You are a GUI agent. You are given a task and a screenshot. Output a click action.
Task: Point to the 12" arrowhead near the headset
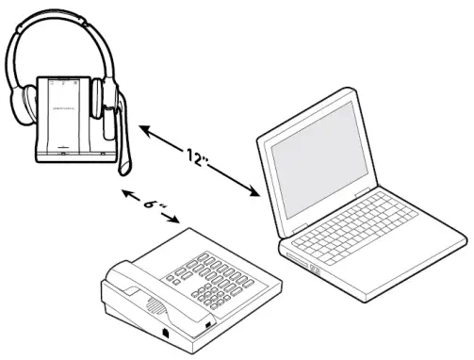[x=142, y=126]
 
